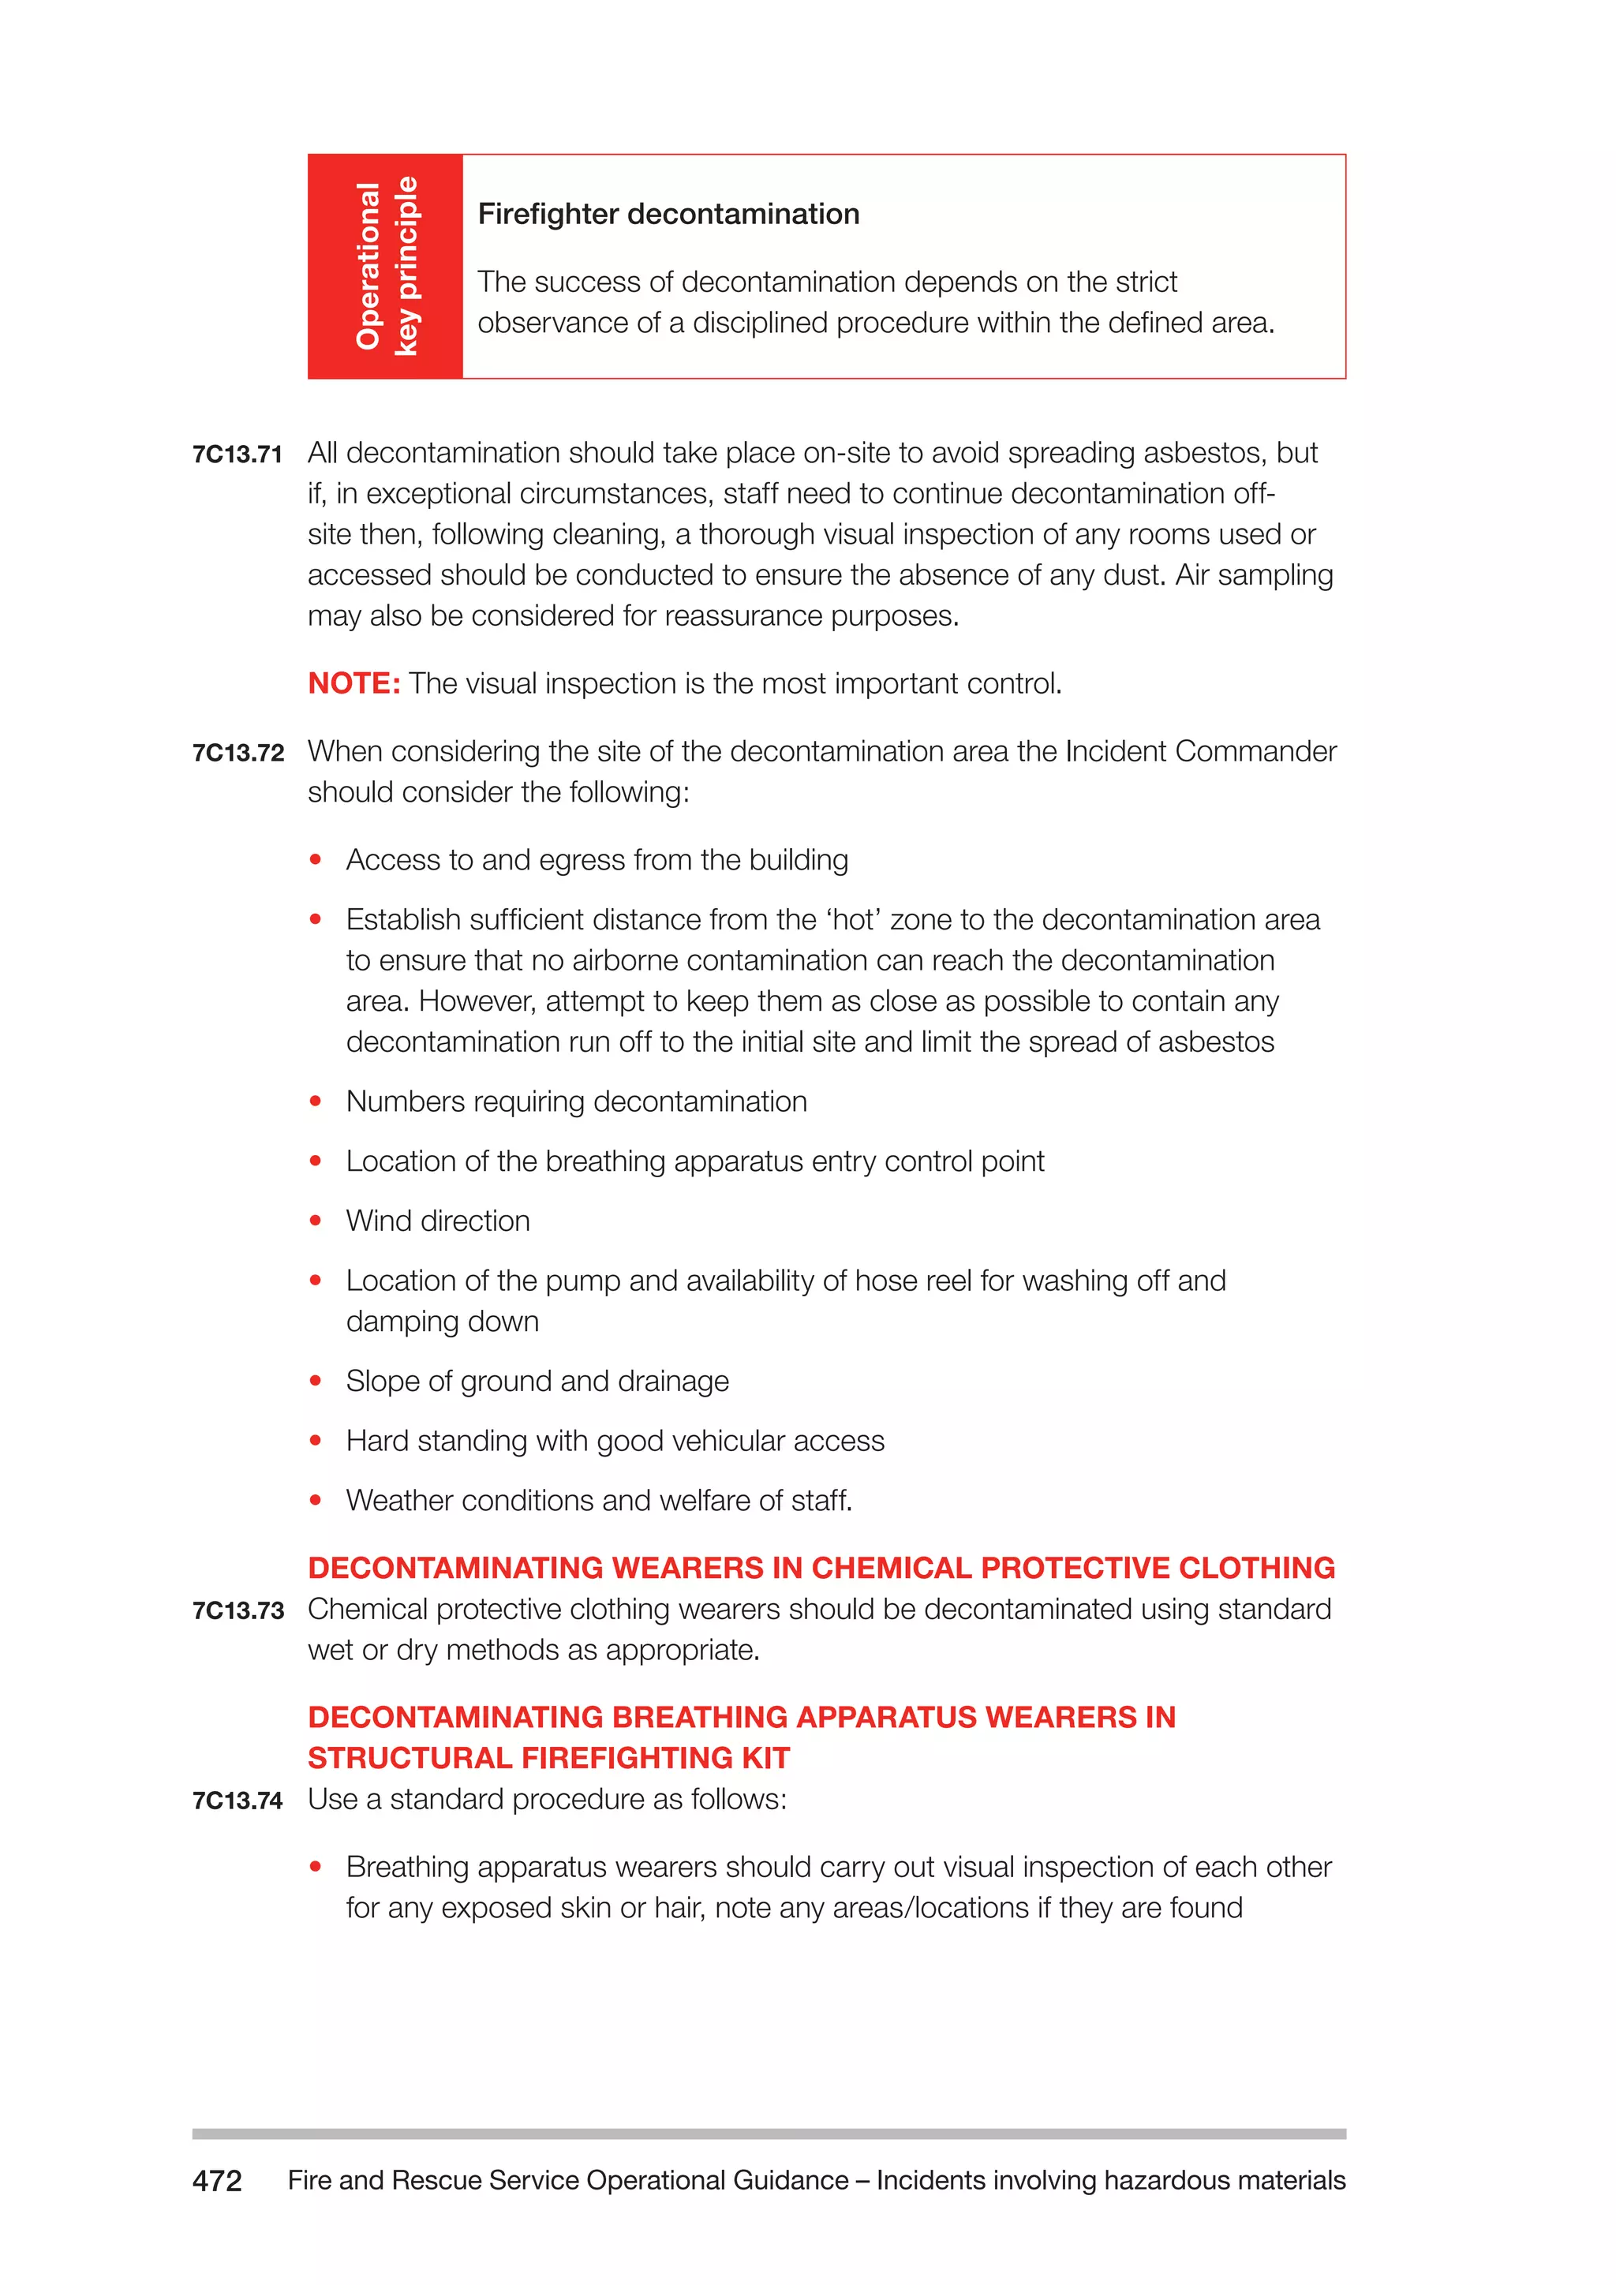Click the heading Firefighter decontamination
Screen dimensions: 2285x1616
pos(668,214)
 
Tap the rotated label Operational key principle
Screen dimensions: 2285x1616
pos(386,266)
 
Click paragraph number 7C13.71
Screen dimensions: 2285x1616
pos(237,454)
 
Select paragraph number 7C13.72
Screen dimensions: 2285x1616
pos(238,754)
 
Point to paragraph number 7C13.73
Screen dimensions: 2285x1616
pos(238,1611)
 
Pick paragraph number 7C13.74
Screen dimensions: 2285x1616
pos(237,1801)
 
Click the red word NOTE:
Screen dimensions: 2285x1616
pos(353,684)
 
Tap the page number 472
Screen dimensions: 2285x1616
pos(217,2181)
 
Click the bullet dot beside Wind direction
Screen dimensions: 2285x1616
pos(316,1221)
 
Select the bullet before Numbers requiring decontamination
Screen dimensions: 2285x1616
pos(316,1101)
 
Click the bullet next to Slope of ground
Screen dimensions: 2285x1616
pos(316,1382)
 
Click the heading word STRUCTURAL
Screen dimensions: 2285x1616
pos(410,1759)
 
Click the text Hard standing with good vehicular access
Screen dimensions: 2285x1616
pos(614,1441)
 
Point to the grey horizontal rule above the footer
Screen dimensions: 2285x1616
pos(769,2134)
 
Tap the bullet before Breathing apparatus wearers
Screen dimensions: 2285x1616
pos(316,1867)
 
